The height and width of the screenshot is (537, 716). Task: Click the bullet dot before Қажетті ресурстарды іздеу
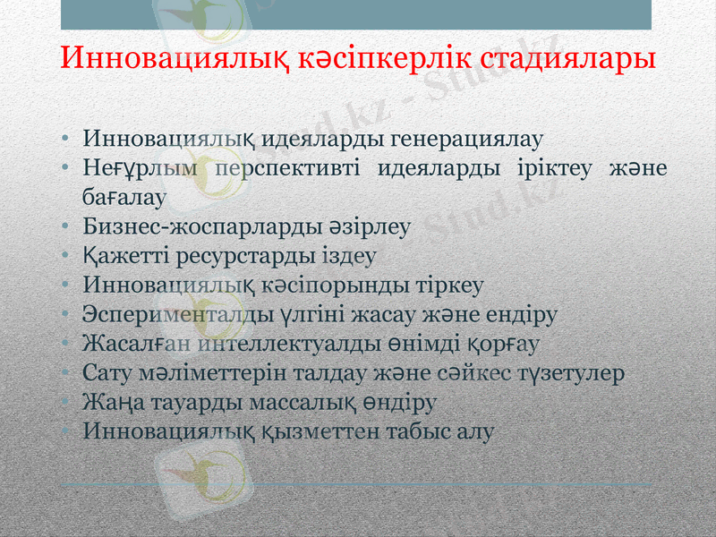pos(66,257)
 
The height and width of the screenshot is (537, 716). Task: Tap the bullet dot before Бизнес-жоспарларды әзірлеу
pos(66,227)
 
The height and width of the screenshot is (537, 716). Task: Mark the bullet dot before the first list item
pos(66,141)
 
